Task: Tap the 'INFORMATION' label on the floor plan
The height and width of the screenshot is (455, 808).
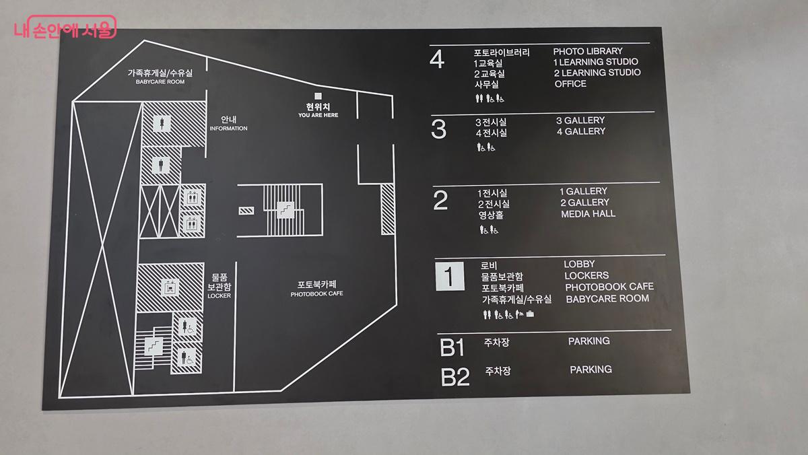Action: (228, 129)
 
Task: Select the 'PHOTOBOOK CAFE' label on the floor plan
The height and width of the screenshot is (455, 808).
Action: (316, 294)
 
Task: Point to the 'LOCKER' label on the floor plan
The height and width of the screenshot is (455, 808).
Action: (220, 295)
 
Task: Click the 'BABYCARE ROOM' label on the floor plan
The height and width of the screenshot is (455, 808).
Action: (160, 82)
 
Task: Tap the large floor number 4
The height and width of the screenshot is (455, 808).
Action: (437, 60)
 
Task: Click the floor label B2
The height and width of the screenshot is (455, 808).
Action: (454, 377)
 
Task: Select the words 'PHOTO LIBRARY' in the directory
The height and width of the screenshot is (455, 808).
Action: (588, 51)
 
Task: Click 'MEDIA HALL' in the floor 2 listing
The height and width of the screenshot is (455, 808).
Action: (588, 214)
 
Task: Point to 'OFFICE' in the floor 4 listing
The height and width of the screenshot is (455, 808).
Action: (570, 84)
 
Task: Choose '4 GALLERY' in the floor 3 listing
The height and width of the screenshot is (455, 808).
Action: (580, 131)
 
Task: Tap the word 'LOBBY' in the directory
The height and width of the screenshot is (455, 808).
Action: (579, 265)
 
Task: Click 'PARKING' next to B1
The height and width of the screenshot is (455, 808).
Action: (588, 341)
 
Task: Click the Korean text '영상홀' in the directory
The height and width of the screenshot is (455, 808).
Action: (491, 215)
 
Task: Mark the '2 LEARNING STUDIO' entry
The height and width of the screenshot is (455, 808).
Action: (597, 73)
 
